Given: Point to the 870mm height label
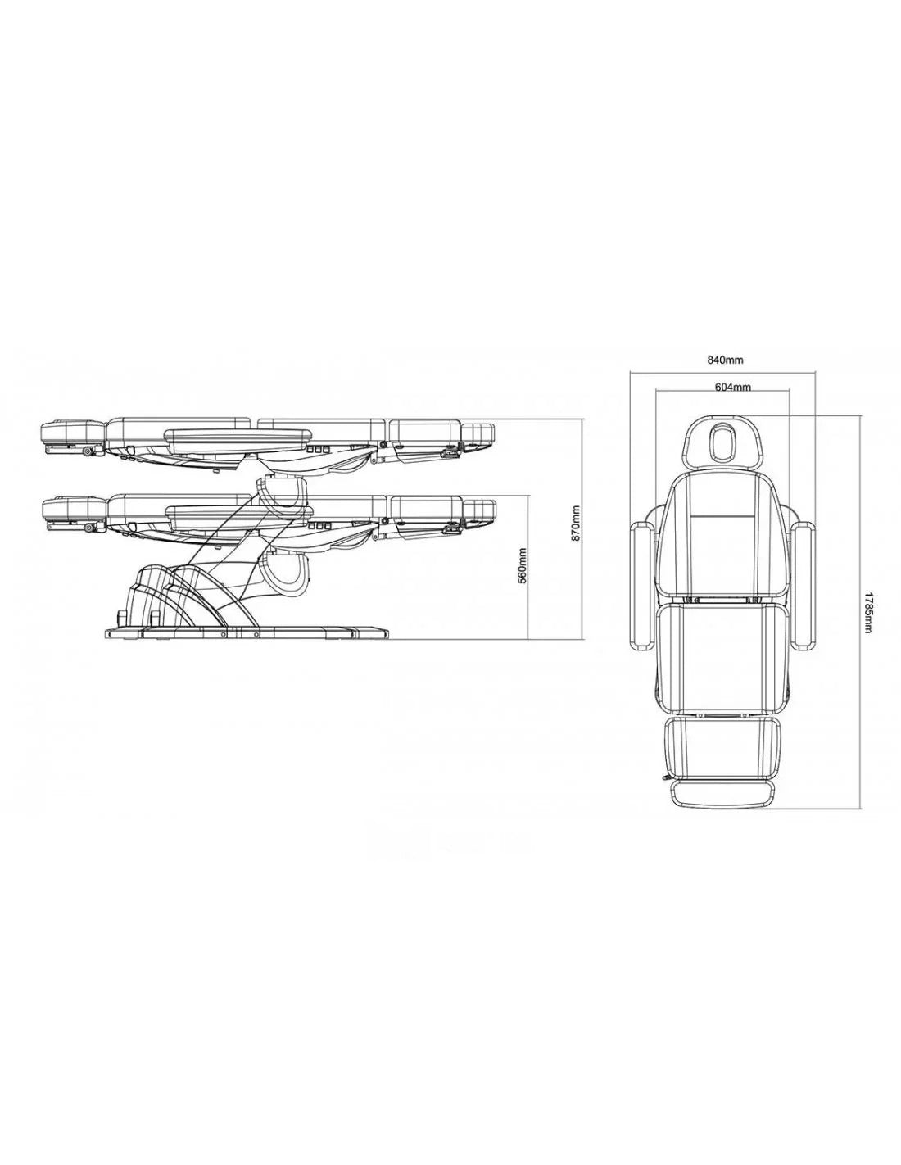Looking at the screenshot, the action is coord(576,524).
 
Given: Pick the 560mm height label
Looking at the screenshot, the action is coord(523,565).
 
